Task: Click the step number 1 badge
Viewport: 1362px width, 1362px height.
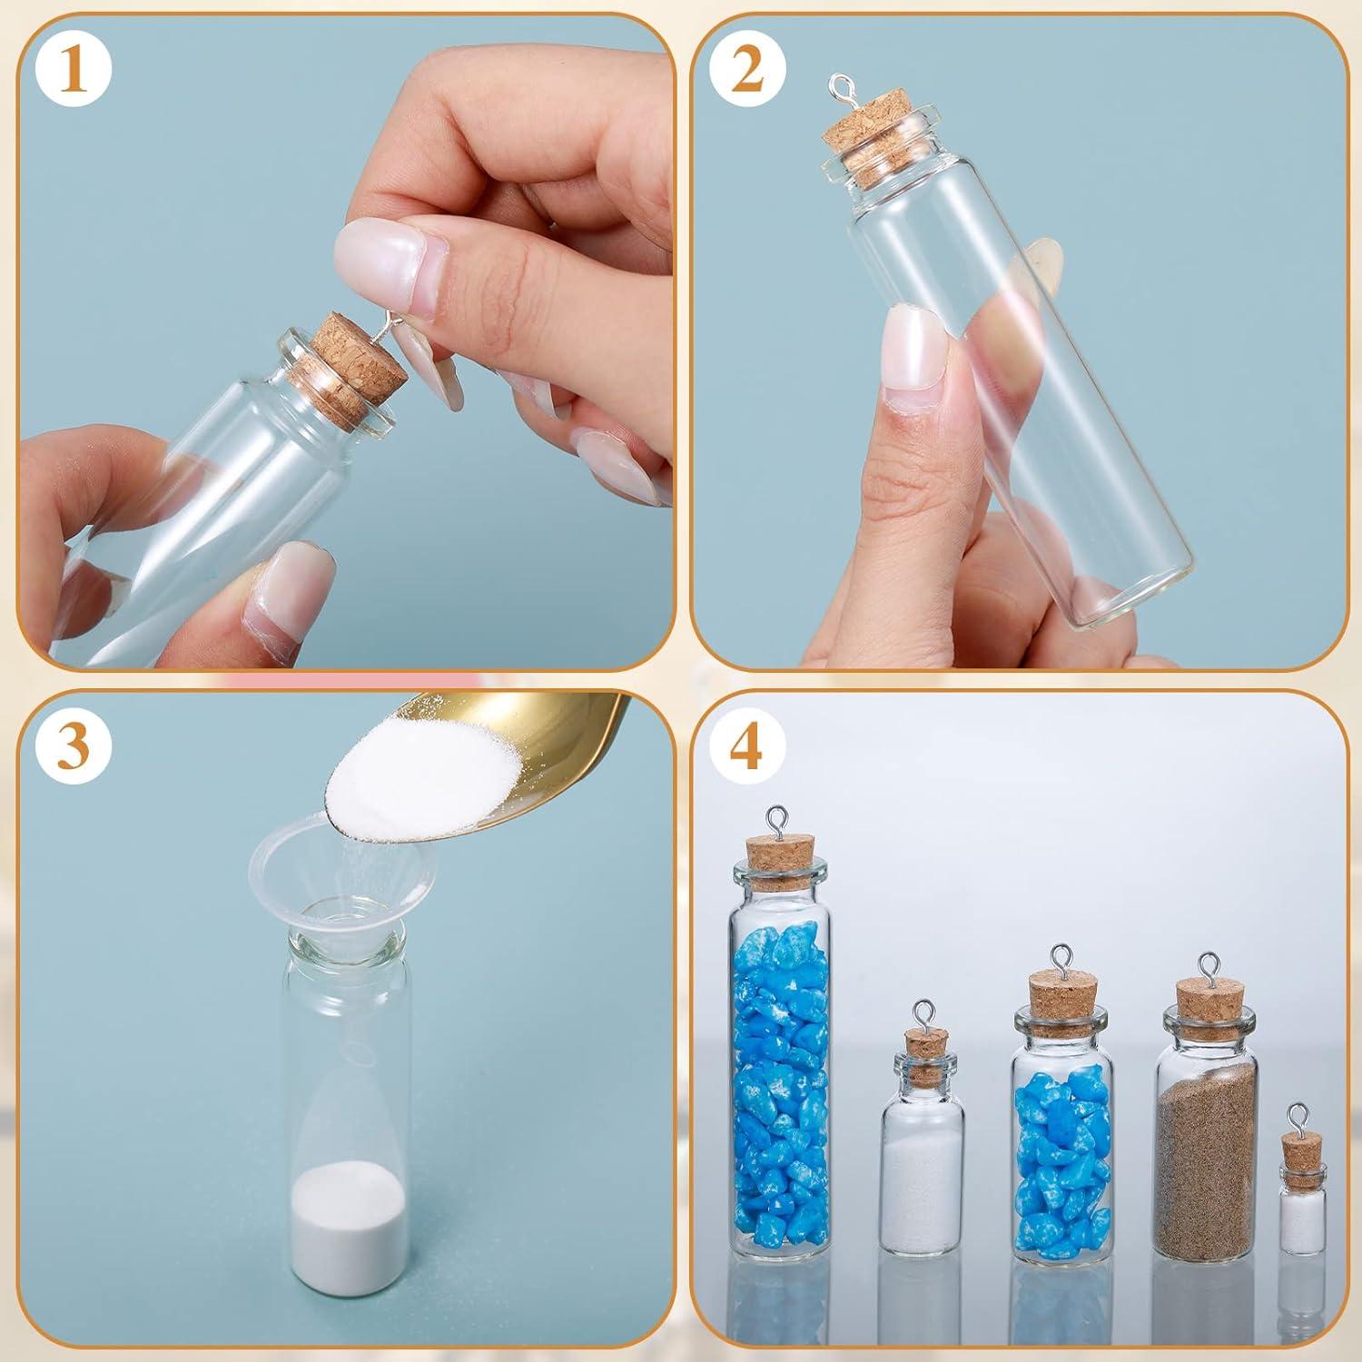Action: click(76, 72)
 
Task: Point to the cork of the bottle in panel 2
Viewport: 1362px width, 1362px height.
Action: click(859, 145)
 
